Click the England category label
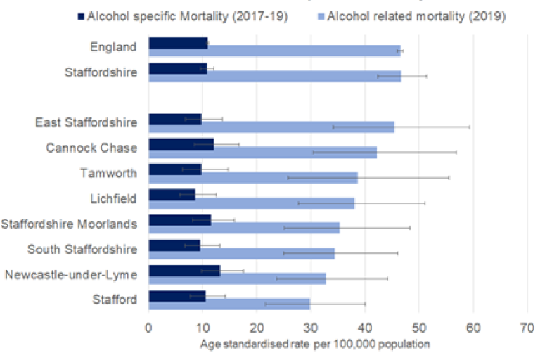[x=113, y=47]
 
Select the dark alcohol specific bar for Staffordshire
[x=177, y=67]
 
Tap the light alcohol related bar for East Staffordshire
[x=271, y=127]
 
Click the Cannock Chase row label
[x=91, y=148]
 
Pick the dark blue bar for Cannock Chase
[x=181, y=143]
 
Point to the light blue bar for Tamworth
[x=253, y=178]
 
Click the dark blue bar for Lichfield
[x=172, y=194]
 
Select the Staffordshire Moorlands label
[x=69, y=224]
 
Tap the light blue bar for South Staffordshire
[x=241, y=253]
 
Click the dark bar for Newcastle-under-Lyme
[x=184, y=270]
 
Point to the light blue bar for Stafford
[x=229, y=304]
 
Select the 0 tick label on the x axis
[x=148, y=327]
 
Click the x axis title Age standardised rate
[x=315, y=345]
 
